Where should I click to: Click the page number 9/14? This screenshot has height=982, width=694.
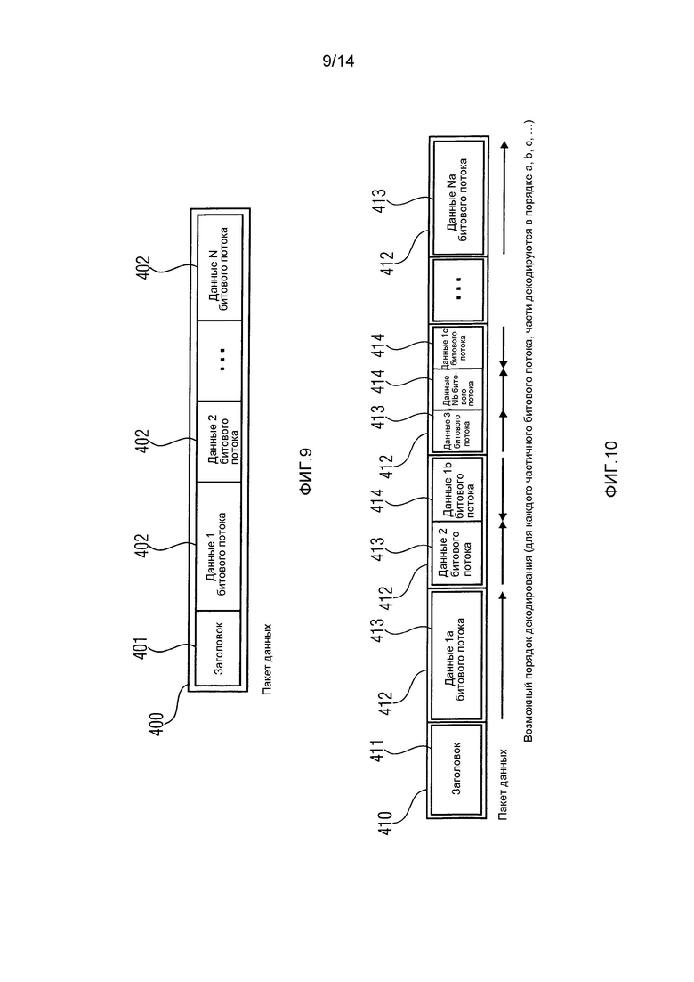click(338, 61)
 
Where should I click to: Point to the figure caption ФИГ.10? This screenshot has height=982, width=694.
click(611, 469)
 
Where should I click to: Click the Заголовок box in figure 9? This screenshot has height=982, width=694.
click(218, 647)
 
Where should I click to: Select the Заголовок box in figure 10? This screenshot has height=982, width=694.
click(456, 769)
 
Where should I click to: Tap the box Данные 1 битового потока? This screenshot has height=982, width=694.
click(218, 546)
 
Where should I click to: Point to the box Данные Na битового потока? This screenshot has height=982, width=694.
click(458, 198)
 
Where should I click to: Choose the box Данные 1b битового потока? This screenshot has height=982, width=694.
click(456, 489)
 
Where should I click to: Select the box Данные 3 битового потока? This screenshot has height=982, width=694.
click(457, 430)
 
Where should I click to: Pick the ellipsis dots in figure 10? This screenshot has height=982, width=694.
click(458, 288)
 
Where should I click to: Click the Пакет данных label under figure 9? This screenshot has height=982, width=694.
click(267, 658)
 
